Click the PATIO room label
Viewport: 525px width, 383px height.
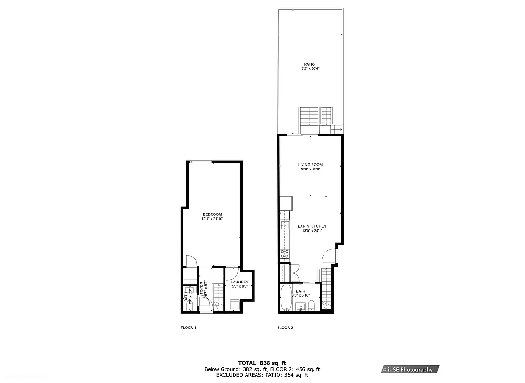(310, 64)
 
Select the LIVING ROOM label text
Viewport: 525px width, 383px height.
(310, 164)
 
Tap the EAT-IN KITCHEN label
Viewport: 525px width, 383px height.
(312, 226)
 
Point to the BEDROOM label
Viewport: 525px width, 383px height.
(212, 214)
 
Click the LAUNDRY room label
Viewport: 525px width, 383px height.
(240, 282)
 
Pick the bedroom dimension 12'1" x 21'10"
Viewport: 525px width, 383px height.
(212, 219)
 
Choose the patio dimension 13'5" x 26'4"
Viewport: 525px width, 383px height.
(310, 68)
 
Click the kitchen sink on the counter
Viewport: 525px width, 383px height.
(284, 225)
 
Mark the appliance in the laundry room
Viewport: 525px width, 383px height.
(235, 305)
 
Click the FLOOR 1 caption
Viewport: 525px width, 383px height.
(189, 328)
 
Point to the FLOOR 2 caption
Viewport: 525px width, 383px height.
(286, 328)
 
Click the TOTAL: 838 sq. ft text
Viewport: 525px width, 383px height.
(262, 363)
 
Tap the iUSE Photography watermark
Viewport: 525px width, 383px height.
(408, 369)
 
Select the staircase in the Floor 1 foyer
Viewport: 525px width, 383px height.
(217, 296)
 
